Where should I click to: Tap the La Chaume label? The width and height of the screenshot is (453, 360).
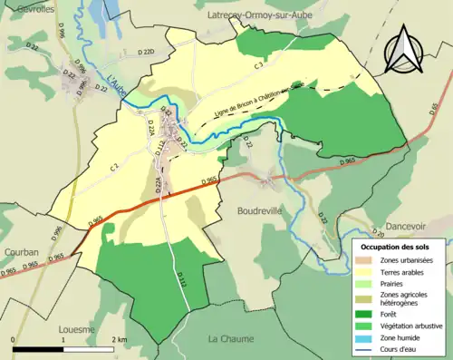[233, 338]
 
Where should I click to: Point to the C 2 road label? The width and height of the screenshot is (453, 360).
[115, 166]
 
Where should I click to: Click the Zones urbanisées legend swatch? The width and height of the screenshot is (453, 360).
[368, 260]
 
